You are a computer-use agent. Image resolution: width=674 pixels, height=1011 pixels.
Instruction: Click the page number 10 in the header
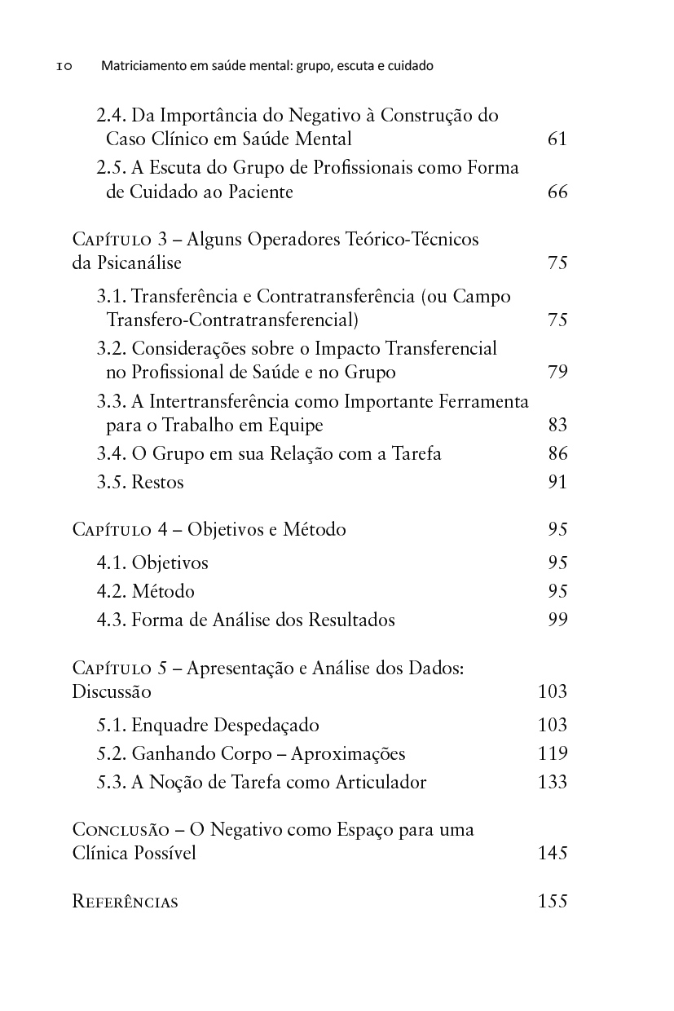[64, 66]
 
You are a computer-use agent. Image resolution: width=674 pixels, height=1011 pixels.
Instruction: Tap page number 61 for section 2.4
[557, 139]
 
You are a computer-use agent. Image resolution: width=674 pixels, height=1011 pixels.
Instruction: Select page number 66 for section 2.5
[557, 192]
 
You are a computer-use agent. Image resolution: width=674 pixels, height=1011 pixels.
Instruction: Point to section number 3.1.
[111, 296]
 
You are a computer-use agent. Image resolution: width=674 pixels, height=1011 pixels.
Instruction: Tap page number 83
[557, 425]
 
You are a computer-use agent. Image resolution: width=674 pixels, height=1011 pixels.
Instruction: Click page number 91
[557, 482]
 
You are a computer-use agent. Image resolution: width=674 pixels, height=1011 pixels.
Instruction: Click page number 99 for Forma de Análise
[557, 620]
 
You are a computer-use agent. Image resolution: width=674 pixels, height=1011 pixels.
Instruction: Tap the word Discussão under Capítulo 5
[112, 692]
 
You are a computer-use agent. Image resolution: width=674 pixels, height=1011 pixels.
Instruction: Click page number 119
[553, 753]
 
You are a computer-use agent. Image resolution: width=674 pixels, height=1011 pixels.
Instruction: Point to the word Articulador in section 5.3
[381, 782]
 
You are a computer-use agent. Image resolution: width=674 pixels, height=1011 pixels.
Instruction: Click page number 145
[553, 854]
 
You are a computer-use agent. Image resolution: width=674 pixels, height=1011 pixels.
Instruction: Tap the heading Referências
[126, 902]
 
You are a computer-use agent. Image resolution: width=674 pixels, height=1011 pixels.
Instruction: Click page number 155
[553, 902]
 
